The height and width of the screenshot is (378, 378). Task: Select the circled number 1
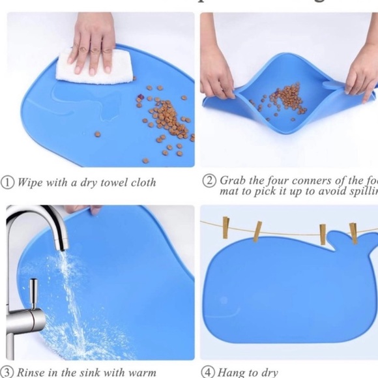8,182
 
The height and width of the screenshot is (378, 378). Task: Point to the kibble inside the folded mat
285,98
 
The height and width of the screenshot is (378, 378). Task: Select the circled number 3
8,372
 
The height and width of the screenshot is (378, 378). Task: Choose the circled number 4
208,372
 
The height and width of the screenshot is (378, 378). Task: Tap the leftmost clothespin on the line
225,227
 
